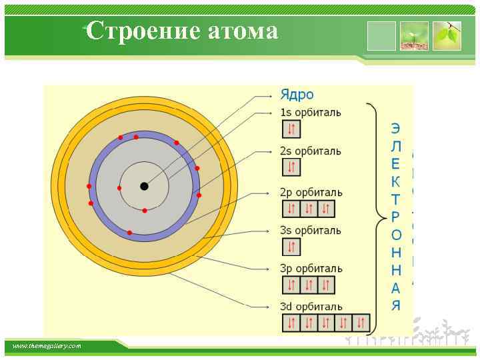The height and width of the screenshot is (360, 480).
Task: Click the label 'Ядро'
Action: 297,95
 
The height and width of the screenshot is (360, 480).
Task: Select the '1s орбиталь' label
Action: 311,113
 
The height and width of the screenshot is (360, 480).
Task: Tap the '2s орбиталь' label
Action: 311,151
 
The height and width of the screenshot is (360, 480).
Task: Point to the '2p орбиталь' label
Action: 311,192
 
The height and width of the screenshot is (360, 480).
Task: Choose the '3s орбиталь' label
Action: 311,231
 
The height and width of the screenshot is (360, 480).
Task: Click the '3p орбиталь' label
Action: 311,269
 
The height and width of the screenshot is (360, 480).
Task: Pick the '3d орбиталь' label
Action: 311,307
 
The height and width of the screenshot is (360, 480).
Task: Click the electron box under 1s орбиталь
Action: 291,129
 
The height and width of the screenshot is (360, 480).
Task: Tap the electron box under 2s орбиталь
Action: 291,167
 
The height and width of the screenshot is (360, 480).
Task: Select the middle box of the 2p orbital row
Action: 309,209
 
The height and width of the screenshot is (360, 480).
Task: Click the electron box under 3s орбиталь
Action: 291,247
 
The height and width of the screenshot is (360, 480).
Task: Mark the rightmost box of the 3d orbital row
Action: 361,324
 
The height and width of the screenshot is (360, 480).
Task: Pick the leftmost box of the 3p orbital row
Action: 291,285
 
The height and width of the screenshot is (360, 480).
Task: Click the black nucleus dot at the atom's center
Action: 144,186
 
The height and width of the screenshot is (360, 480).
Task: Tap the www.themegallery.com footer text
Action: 47,346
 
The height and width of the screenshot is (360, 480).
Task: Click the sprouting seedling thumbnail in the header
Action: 414,36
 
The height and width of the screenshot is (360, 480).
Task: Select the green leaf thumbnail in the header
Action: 447,36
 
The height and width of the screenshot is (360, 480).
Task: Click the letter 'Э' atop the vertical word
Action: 396,127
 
